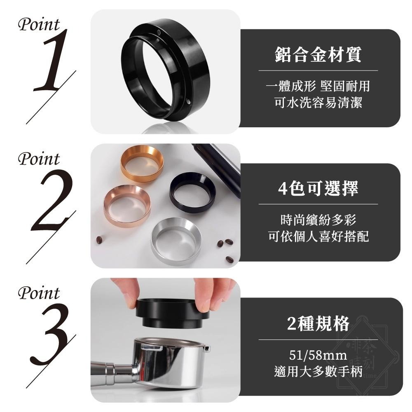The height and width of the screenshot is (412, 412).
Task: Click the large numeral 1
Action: click(51, 62)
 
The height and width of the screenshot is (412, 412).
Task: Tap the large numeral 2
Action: click(53, 200)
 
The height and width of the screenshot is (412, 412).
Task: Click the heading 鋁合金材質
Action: click(318, 55)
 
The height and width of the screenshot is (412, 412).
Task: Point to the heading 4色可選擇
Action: click(318, 189)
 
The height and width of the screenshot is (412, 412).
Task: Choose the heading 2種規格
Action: click(318, 324)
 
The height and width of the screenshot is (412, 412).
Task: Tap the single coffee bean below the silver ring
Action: click(229, 260)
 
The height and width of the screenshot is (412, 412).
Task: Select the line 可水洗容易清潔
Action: click(318, 103)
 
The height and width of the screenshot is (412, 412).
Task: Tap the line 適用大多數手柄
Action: click(318, 372)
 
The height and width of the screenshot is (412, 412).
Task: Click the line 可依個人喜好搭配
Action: click(318, 236)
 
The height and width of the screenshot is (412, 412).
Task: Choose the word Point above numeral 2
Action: click(39, 159)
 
